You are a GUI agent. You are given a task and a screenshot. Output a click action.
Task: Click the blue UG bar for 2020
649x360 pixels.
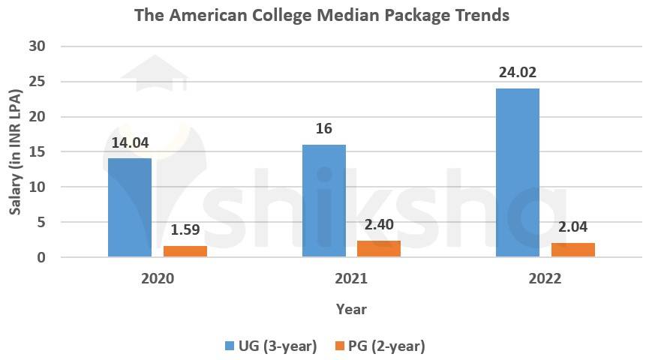[x=130, y=208]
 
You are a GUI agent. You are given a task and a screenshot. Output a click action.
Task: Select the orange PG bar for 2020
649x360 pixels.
[x=185, y=251]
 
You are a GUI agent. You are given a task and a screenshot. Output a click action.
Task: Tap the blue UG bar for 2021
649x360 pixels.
[x=323, y=201]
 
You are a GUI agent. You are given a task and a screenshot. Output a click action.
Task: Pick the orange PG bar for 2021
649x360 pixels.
[x=379, y=249]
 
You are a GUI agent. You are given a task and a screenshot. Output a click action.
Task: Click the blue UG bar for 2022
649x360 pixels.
[x=517, y=172]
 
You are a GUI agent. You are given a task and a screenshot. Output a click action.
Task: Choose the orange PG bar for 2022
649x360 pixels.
[x=572, y=250]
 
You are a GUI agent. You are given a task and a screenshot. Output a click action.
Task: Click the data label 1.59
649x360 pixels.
[x=185, y=230]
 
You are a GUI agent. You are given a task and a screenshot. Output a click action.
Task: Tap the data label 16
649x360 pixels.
[x=323, y=129]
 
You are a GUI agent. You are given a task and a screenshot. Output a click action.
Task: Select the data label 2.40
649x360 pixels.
[x=379, y=224]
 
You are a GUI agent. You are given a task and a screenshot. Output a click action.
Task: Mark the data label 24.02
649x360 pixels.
[x=517, y=73]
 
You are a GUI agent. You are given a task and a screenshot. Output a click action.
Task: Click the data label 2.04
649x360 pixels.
[x=572, y=226]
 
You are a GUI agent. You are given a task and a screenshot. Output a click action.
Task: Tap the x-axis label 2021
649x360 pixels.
[x=351, y=278]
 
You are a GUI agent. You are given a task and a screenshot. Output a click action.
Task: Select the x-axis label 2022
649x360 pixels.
[x=545, y=278]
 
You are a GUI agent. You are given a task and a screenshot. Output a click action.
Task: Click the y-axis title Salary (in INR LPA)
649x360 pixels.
[x=14, y=151]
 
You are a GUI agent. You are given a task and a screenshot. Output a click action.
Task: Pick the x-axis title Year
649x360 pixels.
[x=351, y=308]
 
